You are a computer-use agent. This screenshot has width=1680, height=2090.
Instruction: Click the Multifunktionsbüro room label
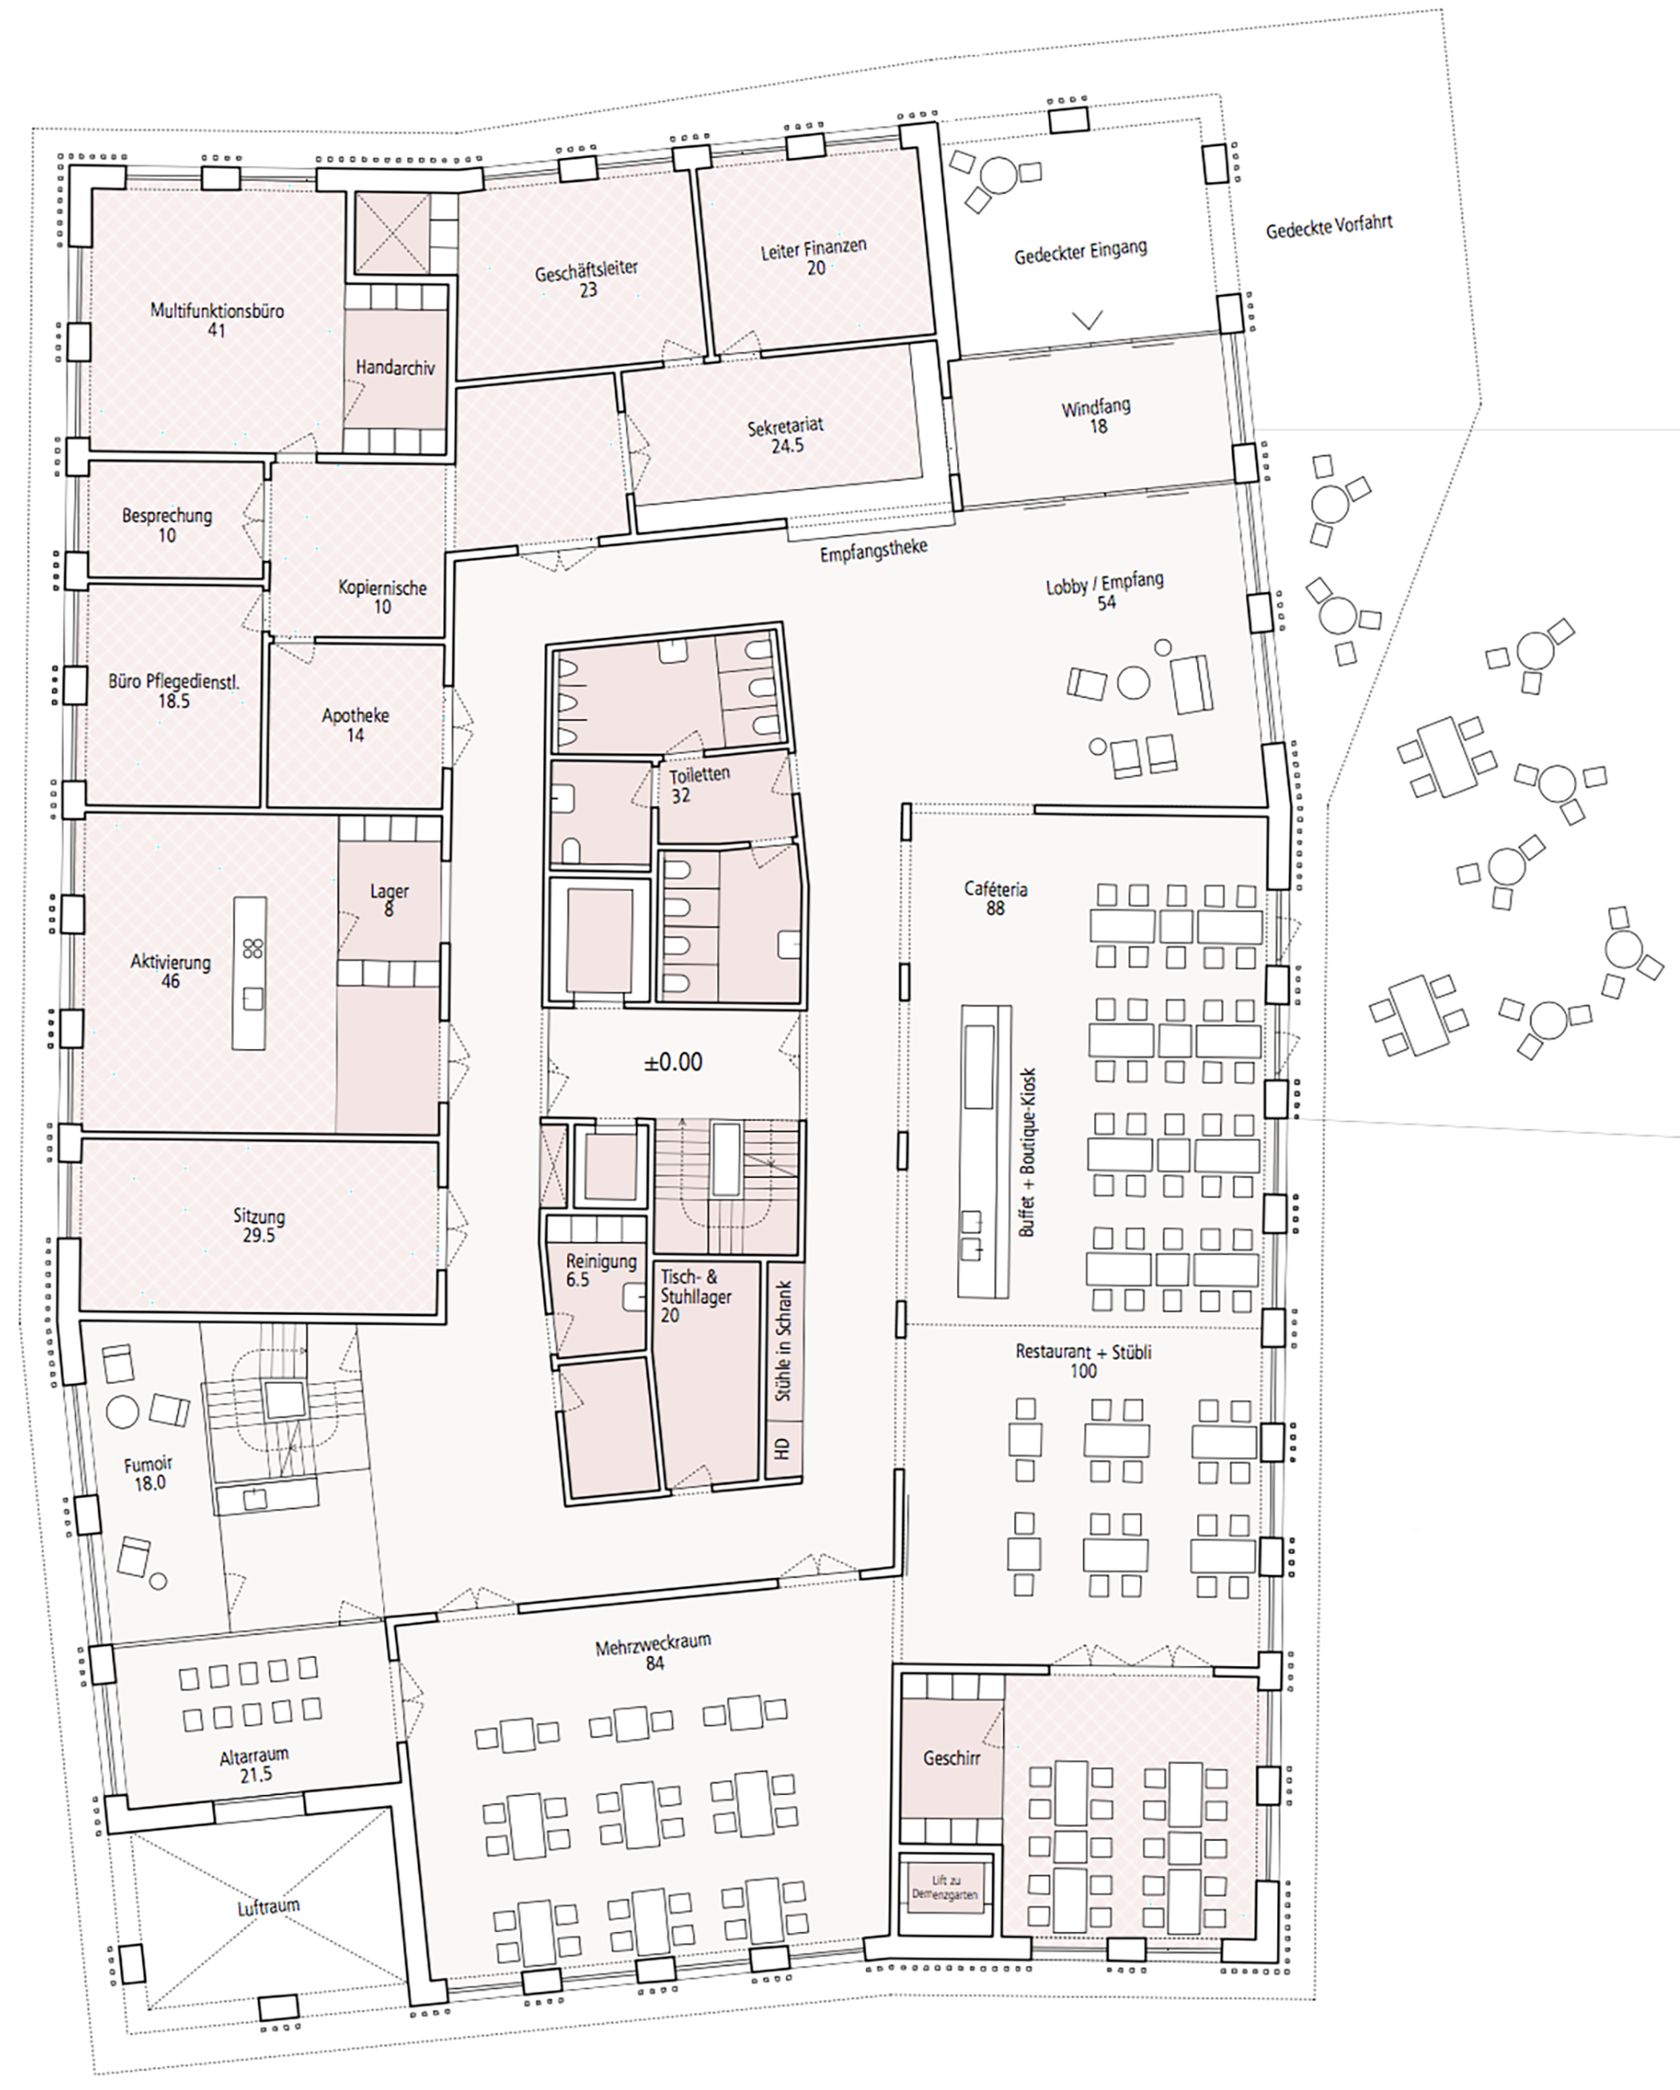coord(217,320)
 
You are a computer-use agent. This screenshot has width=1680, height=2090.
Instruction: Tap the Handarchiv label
coord(395,367)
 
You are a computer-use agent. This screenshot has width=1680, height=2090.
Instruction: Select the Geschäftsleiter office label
coord(587,278)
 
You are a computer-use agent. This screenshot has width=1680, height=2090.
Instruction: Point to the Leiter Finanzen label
coord(813,257)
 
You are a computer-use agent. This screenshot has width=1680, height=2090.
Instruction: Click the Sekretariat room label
coord(787,436)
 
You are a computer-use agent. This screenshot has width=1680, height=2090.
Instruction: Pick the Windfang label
coord(1097,415)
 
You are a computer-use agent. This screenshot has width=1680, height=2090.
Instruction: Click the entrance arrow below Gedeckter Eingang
coord(1087,320)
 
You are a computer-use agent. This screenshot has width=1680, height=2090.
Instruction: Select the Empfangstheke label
coord(873,551)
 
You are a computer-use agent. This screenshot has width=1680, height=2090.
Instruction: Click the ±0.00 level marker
coord(673,1063)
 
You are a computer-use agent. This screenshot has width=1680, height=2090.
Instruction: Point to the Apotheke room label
coord(356,724)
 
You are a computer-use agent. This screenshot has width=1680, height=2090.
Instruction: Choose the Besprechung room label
coord(166,524)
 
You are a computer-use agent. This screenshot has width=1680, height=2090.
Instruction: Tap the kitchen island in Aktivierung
coord(249,973)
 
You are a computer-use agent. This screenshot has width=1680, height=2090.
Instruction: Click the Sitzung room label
coord(259,1225)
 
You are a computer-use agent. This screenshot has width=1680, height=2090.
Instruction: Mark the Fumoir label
coord(148,1474)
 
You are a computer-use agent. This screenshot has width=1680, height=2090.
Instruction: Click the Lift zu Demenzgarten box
coord(944,1885)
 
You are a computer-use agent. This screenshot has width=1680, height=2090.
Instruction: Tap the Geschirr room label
coord(951,1757)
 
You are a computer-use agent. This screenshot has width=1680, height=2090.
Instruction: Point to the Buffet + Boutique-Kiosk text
coord(1027,1152)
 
